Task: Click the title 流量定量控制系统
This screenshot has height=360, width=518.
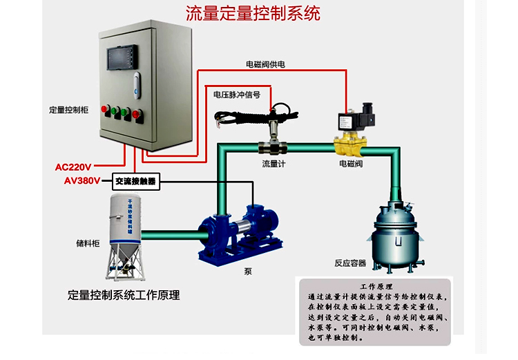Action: (253, 13)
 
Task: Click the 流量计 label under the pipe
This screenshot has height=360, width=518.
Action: (274, 164)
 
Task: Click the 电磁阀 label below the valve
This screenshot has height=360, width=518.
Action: (351, 164)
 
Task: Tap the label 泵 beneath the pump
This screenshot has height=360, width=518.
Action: (248, 272)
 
